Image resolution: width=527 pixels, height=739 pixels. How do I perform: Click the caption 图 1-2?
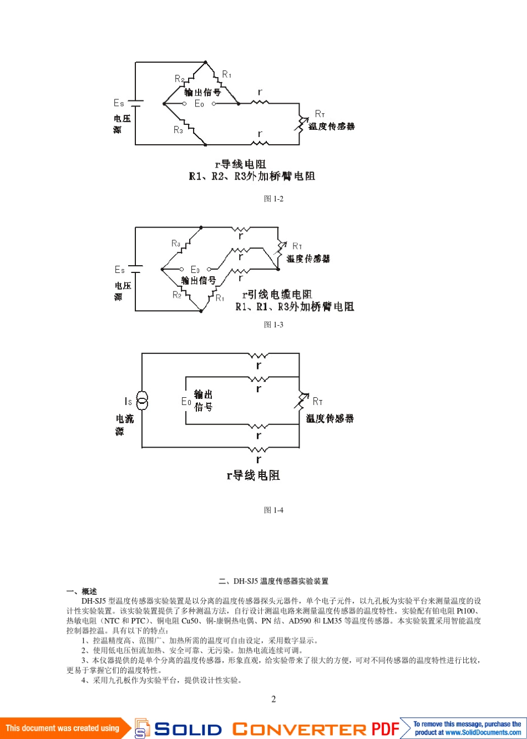click(273, 199)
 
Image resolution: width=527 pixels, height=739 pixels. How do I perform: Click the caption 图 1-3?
click(273, 325)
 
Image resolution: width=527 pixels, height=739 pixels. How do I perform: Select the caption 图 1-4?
click(273, 510)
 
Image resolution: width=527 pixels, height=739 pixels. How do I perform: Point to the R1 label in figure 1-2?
click(226, 74)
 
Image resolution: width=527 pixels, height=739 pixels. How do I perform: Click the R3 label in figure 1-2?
click(178, 130)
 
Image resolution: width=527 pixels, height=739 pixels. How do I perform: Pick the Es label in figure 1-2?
click(119, 103)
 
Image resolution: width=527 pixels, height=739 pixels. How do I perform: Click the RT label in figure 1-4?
click(317, 401)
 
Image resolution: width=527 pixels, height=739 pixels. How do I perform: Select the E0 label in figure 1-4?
click(186, 402)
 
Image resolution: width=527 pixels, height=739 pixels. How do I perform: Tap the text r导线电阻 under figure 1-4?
click(253, 475)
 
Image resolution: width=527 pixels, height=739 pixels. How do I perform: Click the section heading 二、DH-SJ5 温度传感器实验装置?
click(273, 581)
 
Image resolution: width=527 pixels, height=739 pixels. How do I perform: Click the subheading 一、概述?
click(82, 591)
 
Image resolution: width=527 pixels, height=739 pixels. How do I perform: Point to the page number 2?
click(273, 699)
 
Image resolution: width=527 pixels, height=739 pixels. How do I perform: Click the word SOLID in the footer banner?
click(188, 729)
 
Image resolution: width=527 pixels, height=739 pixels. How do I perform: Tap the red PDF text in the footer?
click(386, 728)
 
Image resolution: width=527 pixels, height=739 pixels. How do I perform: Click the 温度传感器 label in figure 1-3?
click(308, 259)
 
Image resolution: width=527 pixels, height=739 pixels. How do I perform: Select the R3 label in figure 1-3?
click(176, 243)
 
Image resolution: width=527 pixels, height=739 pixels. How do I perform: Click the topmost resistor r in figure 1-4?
click(258, 356)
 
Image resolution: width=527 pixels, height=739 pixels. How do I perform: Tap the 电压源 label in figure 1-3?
click(123, 291)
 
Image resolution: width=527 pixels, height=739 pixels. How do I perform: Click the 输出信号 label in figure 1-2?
click(202, 92)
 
